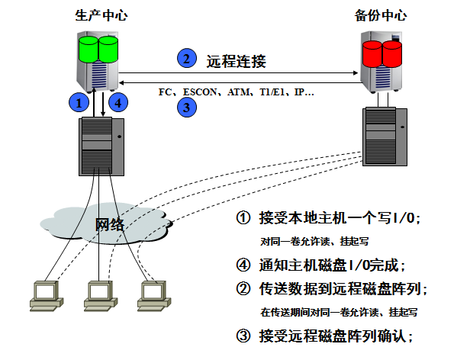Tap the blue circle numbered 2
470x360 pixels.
pos(185,58)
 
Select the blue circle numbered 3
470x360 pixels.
pos(186,108)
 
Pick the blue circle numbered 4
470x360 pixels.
pos(116,101)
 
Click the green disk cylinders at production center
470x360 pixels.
pos(99,49)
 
